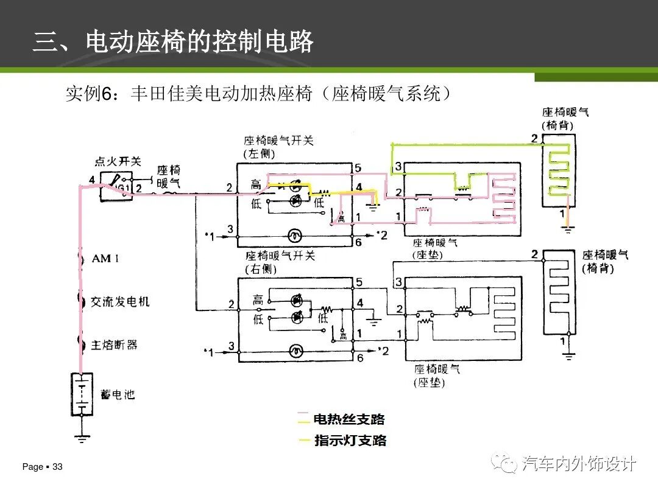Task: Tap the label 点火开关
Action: pos(118,161)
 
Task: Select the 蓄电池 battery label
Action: pos(117,395)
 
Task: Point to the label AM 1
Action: pos(105,259)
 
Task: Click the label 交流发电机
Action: pos(120,301)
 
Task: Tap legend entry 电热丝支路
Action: pos(348,419)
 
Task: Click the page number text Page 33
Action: pos(43,467)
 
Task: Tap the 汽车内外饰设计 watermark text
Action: pos(579,464)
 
